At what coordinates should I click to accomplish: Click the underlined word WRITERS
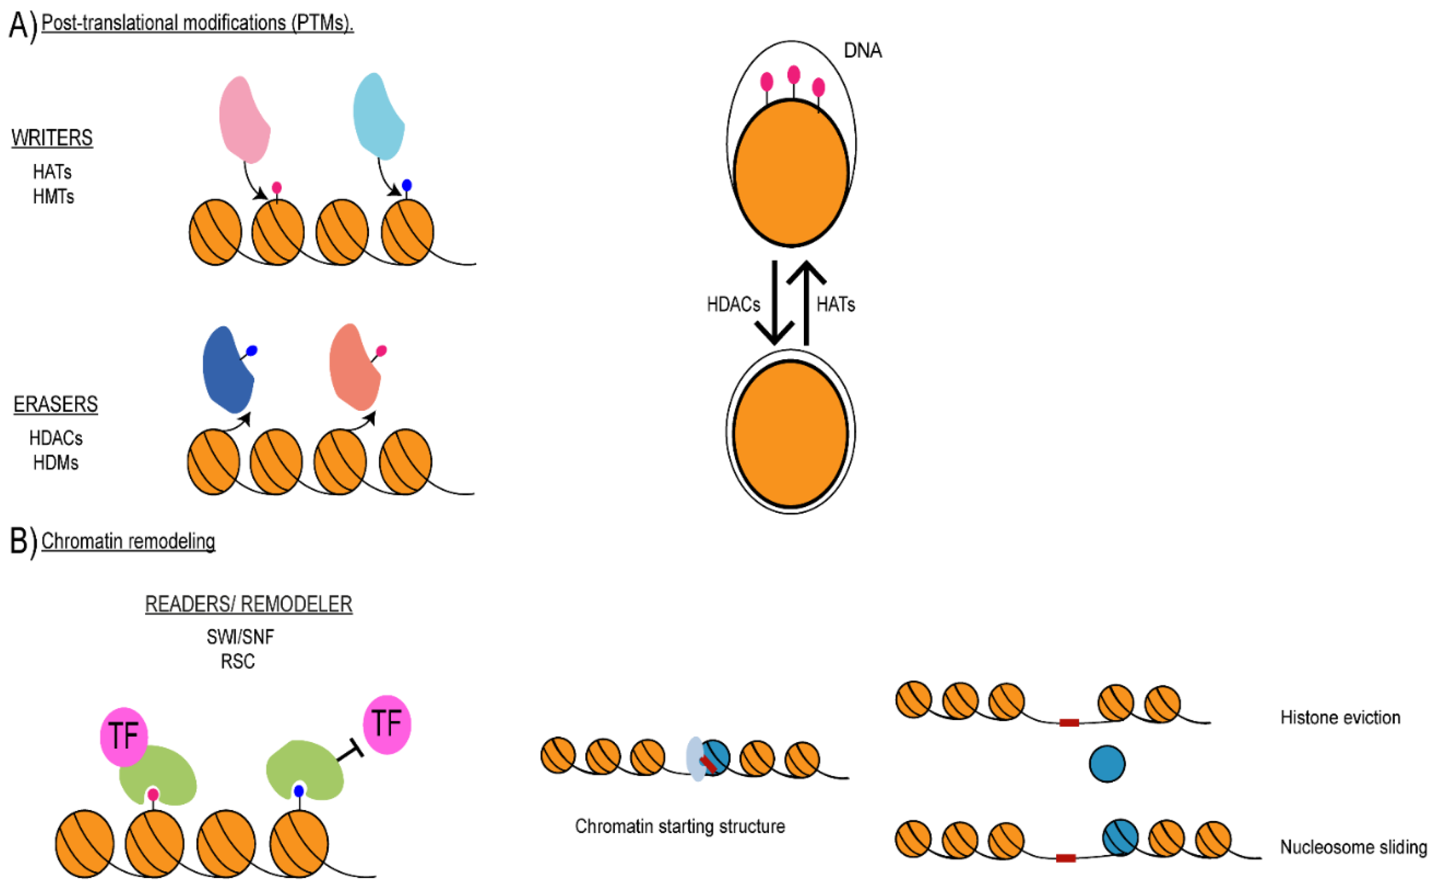[52, 138]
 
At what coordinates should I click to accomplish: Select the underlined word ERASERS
[55, 404]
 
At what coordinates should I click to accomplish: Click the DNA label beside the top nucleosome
[862, 51]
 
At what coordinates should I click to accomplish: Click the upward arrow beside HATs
[806, 303]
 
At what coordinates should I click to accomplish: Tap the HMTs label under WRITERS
[53, 197]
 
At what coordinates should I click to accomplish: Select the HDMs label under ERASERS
[55, 463]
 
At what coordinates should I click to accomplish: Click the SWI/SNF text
[240, 637]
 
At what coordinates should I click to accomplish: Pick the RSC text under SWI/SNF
[237, 662]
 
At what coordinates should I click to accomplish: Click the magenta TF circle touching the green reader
[123, 736]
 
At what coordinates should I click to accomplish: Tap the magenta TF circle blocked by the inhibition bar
[387, 724]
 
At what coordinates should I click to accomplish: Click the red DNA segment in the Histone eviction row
[1068, 723]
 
